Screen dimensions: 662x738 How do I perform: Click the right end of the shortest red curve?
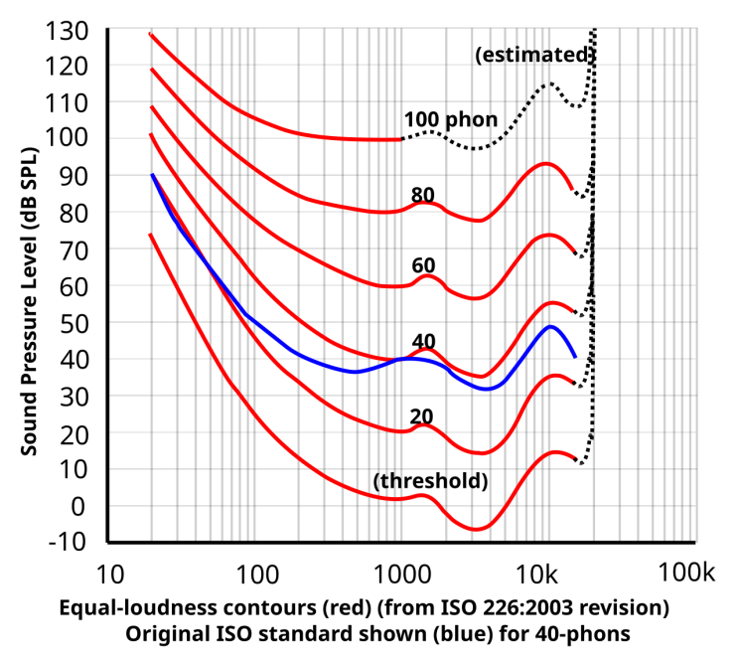(x=399, y=139)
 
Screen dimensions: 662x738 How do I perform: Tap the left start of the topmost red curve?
(x=150, y=34)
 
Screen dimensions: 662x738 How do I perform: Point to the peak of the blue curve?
(x=550, y=326)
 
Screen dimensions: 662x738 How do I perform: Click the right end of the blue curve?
(x=575, y=356)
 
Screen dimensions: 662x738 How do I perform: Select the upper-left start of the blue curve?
(x=153, y=175)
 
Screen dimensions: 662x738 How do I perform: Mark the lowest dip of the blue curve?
(x=486, y=389)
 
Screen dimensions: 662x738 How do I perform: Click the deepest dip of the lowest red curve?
(x=477, y=529)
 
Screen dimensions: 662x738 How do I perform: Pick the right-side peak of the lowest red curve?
(x=556, y=452)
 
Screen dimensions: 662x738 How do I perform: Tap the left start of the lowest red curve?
(x=150, y=235)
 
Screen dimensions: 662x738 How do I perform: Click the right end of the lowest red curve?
(x=576, y=458)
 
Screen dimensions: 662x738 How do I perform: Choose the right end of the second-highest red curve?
(x=572, y=189)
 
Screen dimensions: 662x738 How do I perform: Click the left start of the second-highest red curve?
(x=151, y=70)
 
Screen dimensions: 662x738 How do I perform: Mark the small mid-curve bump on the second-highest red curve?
(x=424, y=203)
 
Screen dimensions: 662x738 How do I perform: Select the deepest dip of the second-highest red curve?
(x=479, y=220)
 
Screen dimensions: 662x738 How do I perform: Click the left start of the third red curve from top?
(x=151, y=106)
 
